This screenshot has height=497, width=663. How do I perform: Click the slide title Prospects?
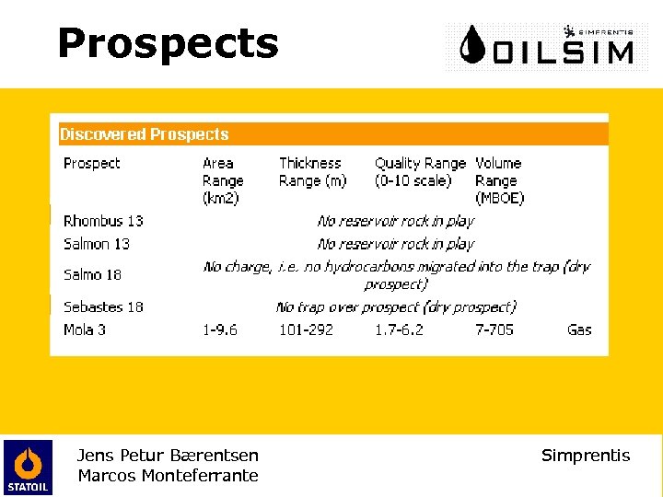(x=168, y=43)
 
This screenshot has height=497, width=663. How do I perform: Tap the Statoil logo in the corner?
(x=28, y=467)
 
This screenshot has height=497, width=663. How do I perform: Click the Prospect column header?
(x=91, y=164)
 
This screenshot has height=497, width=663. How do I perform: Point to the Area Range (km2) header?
(x=223, y=180)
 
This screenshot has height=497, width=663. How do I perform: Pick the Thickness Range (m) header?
(x=313, y=172)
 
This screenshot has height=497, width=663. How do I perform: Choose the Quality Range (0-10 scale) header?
(x=420, y=172)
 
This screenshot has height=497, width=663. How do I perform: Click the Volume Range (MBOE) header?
(x=499, y=180)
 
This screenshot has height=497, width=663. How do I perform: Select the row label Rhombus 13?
(x=103, y=221)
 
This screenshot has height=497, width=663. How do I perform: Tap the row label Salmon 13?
(x=97, y=244)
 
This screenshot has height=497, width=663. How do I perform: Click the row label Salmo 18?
(x=93, y=274)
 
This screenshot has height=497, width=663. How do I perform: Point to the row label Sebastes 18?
(x=103, y=306)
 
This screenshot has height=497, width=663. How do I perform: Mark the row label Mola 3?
(x=85, y=329)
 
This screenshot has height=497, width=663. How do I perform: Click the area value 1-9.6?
(x=220, y=329)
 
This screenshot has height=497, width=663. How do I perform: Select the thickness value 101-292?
(x=307, y=329)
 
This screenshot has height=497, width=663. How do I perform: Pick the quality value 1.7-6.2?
(x=399, y=329)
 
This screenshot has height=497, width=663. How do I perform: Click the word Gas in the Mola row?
(x=579, y=329)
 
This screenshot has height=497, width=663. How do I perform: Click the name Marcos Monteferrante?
(x=168, y=476)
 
